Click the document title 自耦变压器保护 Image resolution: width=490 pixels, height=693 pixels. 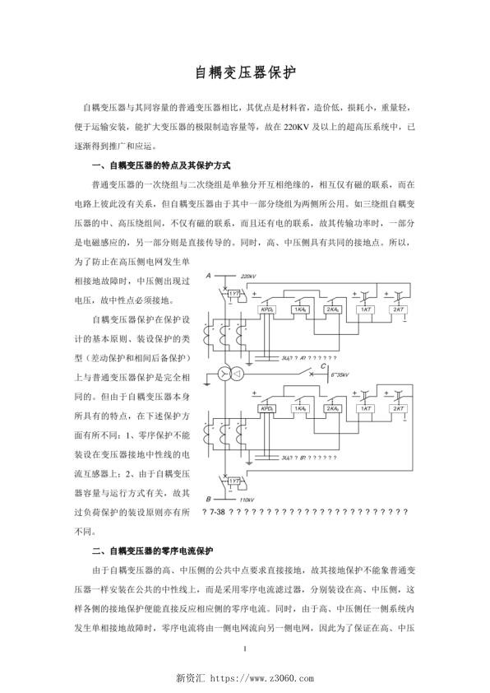(x=244, y=72)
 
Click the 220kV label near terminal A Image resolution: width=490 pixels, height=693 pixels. (x=249, y=277)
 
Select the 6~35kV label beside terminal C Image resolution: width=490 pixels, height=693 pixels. (x=342, y=374)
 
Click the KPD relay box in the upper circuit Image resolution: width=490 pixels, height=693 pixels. (x=267, y=309)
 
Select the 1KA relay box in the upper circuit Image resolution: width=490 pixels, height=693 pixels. (x=300, y=309)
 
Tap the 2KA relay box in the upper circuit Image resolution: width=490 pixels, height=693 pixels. (x=333, y=309)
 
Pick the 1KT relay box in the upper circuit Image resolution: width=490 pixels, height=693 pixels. (x=367, y=309)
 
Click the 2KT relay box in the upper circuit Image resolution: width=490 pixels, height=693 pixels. (x=400, y=309)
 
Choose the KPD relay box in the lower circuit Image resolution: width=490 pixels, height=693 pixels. (x=267, y=408)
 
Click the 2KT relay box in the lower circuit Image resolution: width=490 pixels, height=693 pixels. (x=400, y=408)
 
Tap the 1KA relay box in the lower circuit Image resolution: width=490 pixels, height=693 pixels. (x=300, y=408)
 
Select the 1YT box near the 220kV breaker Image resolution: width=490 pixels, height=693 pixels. (x=234, y=293)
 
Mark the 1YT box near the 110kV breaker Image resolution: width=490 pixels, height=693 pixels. (x=234, y=481)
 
